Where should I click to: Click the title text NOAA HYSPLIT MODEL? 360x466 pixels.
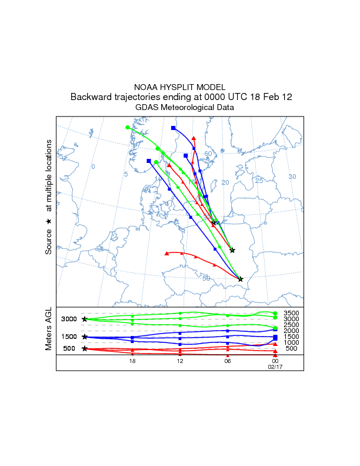point(180,86)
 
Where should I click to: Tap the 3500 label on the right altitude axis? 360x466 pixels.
point(292,313)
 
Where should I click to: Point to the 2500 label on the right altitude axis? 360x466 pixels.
point(292,325)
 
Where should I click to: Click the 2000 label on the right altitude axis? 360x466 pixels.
point(292,331)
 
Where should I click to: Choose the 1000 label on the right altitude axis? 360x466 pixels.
point(292,342)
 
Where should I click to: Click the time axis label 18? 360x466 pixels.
point(132,361)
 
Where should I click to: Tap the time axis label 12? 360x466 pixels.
point(180,361)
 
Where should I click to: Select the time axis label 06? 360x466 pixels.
point(228,361)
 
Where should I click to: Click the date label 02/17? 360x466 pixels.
point(275,367)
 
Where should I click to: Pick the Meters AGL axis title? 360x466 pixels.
point(49,329)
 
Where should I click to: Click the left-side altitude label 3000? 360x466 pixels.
point(69,319)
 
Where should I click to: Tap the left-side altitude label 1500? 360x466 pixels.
point(69,337)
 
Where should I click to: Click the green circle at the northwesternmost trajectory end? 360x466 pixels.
point(127,127)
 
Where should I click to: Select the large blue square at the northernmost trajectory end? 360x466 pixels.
point(173,128)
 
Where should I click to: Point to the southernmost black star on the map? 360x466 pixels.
point(241,279)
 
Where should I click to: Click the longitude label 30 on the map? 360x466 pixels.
point(292,177)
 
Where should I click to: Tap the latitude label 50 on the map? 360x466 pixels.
point(206,278)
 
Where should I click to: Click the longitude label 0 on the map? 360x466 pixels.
point(93,167)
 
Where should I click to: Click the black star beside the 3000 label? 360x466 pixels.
point(85,319)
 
